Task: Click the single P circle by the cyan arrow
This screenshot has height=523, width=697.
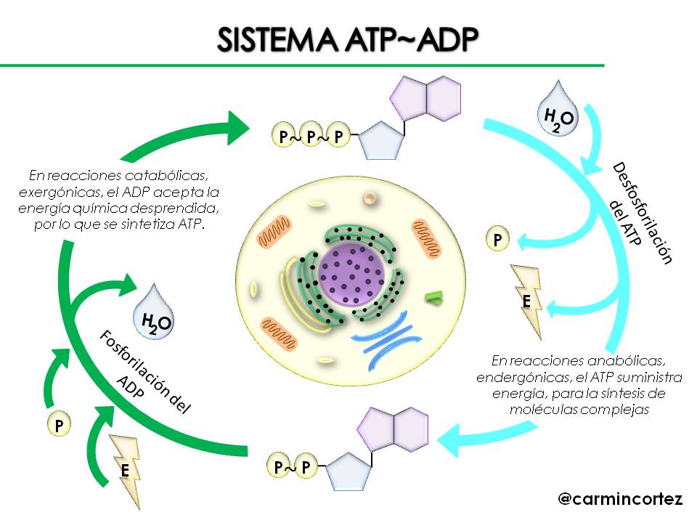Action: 497,239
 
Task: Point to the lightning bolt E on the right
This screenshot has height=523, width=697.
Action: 528,300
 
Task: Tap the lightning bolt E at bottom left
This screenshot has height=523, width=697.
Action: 126,470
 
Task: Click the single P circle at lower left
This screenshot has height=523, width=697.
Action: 58,425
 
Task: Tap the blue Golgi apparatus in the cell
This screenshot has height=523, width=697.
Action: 387,333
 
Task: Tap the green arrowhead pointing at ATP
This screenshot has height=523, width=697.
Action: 239,127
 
